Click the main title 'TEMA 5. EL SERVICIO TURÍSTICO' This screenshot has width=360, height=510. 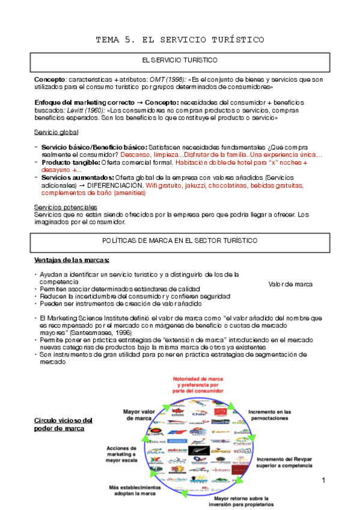[180, 40]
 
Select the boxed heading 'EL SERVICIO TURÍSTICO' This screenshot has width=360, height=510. [180, 61]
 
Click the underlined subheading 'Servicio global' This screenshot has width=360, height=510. [56, 132]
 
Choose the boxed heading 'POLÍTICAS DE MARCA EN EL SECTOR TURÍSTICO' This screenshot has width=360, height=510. [180, 240]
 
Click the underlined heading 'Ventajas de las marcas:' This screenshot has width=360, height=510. [72, 260]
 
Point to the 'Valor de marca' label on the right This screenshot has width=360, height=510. [290, 284]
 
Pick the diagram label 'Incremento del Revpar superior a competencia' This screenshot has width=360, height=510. [286, 462]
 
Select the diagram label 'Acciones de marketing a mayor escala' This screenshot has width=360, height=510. [121, 455]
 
